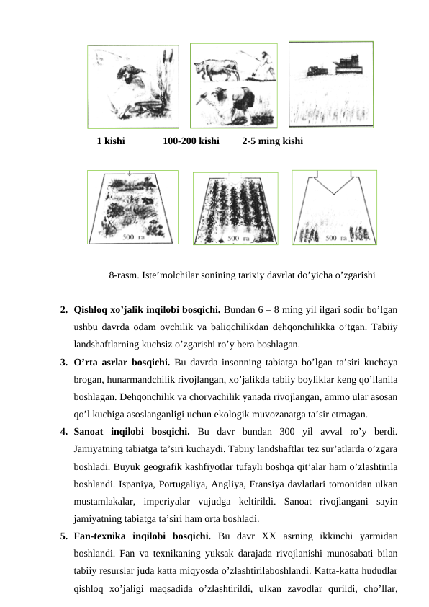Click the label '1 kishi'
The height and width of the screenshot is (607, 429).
tap(110, 141)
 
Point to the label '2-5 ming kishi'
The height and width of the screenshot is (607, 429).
tap(272, 141)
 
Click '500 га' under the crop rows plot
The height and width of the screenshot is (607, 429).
tap(238, 237)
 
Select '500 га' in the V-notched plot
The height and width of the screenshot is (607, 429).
tap(337, 237)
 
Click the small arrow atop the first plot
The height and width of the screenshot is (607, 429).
tap(128, 173)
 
